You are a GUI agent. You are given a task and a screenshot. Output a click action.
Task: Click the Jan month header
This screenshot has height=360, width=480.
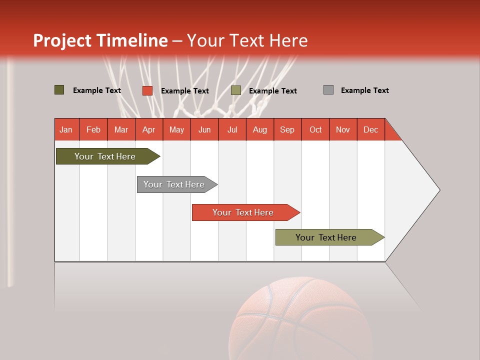tap(66, 129)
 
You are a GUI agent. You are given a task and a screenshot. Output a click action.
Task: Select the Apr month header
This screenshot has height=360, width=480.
tap(149, 129)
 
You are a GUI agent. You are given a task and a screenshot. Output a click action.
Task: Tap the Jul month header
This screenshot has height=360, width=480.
tap(232, 129)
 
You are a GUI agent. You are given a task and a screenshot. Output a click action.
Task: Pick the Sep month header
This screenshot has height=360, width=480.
tap(287, 129)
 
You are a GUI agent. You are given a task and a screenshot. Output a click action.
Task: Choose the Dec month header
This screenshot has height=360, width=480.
tap(371, 129)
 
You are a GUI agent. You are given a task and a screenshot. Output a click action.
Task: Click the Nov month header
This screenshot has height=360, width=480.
tap(343, 129)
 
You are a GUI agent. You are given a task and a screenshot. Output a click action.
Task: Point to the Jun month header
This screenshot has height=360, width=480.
tap(204, 129)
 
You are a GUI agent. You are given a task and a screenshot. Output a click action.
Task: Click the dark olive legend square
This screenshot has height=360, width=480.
tap(59, 90)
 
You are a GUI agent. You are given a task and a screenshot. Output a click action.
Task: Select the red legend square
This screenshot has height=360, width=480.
tap(147, 90)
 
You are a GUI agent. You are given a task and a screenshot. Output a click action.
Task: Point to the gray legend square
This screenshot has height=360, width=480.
tap(328, 90)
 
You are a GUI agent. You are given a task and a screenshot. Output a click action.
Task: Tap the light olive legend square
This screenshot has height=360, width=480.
tap(236, 90)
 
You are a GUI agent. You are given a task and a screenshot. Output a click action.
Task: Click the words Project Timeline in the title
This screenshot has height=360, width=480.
tap(100, 40)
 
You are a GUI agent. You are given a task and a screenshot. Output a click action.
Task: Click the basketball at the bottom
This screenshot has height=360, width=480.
tap(300, 320)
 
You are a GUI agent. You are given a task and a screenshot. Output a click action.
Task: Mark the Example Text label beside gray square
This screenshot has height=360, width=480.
tap(364, 90)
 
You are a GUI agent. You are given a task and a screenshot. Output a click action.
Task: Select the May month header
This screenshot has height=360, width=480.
tap(176, 129)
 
